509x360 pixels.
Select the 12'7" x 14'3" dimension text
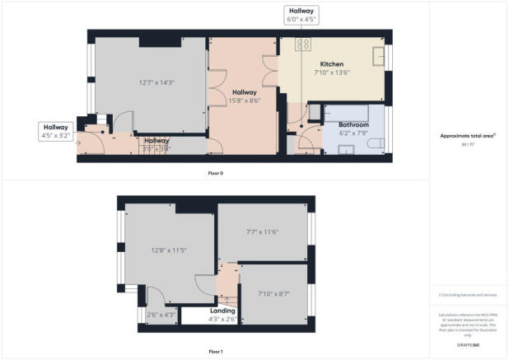[152, 82]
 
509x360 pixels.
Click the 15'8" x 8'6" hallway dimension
[245, 101]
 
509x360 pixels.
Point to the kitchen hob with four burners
[303, 44]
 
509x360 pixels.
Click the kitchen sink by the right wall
[379, 55]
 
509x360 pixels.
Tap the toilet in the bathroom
[376, 146]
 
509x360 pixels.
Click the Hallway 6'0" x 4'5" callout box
[301, 15]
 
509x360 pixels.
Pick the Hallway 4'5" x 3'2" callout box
[56, 130]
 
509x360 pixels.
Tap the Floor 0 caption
[215, 174]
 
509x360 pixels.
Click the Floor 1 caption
[215, 352]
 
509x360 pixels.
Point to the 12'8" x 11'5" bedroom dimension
[170, 250]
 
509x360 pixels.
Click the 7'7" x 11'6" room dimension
[263, 232]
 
